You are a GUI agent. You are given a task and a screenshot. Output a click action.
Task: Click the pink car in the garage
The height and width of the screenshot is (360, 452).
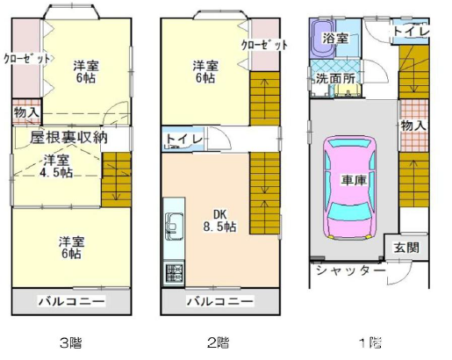click(349, 188)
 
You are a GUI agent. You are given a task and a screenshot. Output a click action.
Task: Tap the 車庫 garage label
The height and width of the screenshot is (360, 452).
click(354, 180)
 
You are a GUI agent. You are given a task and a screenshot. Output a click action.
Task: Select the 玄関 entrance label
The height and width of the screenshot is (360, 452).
click(406, 248)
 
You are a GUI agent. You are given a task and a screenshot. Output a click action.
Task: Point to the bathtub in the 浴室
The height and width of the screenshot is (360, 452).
click(323, 38)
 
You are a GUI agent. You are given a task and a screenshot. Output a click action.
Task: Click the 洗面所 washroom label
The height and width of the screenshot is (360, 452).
click(335, 78)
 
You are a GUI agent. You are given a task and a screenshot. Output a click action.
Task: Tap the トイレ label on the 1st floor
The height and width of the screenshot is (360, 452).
click(411, 32)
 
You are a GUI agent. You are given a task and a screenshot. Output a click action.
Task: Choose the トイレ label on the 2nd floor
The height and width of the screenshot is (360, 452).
click(184, 139)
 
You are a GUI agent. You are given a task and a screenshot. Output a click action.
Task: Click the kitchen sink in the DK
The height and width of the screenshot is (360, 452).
click(174, 227)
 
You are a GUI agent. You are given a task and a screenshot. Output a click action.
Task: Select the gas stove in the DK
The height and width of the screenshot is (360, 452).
click(174, 273)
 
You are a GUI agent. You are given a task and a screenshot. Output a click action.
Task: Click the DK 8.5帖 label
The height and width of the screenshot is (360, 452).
click(220, 220)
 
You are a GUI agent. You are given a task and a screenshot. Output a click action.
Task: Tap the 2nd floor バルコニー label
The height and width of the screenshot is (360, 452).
click(220, 301)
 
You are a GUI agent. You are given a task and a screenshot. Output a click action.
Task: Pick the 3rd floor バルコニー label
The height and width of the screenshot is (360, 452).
click(71, 301)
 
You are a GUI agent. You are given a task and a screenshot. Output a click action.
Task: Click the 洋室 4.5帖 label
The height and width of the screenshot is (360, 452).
click(56, 166)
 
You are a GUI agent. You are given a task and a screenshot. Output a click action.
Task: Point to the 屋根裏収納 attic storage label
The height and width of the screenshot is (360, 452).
click(68, 138)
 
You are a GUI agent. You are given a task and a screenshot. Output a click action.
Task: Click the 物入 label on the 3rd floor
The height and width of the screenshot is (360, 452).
click(26, 112)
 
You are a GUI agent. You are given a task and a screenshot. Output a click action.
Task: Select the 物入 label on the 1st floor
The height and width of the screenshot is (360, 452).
click(413, 126)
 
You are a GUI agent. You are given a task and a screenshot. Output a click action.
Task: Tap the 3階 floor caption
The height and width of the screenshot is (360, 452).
click(70, 342)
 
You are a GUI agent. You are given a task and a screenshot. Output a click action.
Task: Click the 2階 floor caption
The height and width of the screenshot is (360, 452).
click(219, 342)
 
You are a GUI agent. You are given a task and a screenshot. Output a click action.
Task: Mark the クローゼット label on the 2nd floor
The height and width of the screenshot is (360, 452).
click(264, 45)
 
